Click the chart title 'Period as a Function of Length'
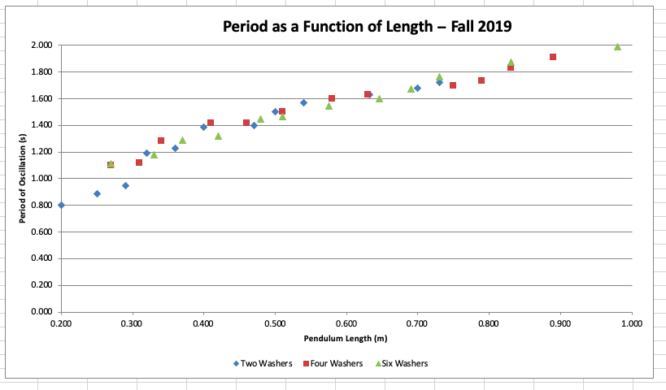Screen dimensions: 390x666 (x=367, y=27)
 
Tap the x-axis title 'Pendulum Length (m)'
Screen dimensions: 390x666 (x=346, y=338)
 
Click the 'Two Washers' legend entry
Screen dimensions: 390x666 (x=259, y=363)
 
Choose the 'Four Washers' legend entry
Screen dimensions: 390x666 (x=329, y=363)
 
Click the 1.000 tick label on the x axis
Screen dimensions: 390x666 (x=631, y=324)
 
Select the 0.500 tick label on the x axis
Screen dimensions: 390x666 (x=275, y=324)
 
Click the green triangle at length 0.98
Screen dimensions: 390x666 (x=617, y=46)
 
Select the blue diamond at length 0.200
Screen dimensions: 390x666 (x=61, y=206)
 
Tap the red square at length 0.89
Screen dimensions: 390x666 (x=553, y=57)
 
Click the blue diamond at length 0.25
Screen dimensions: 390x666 (x=97, y=193)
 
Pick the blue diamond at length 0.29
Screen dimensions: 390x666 (x=125, y=185)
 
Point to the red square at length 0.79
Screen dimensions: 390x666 (x=481, y=80)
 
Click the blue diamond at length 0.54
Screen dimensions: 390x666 (x=303, y=102)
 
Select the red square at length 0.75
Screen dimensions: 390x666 (x=453, y=85)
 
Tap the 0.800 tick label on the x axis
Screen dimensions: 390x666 (x=489, y=324)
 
